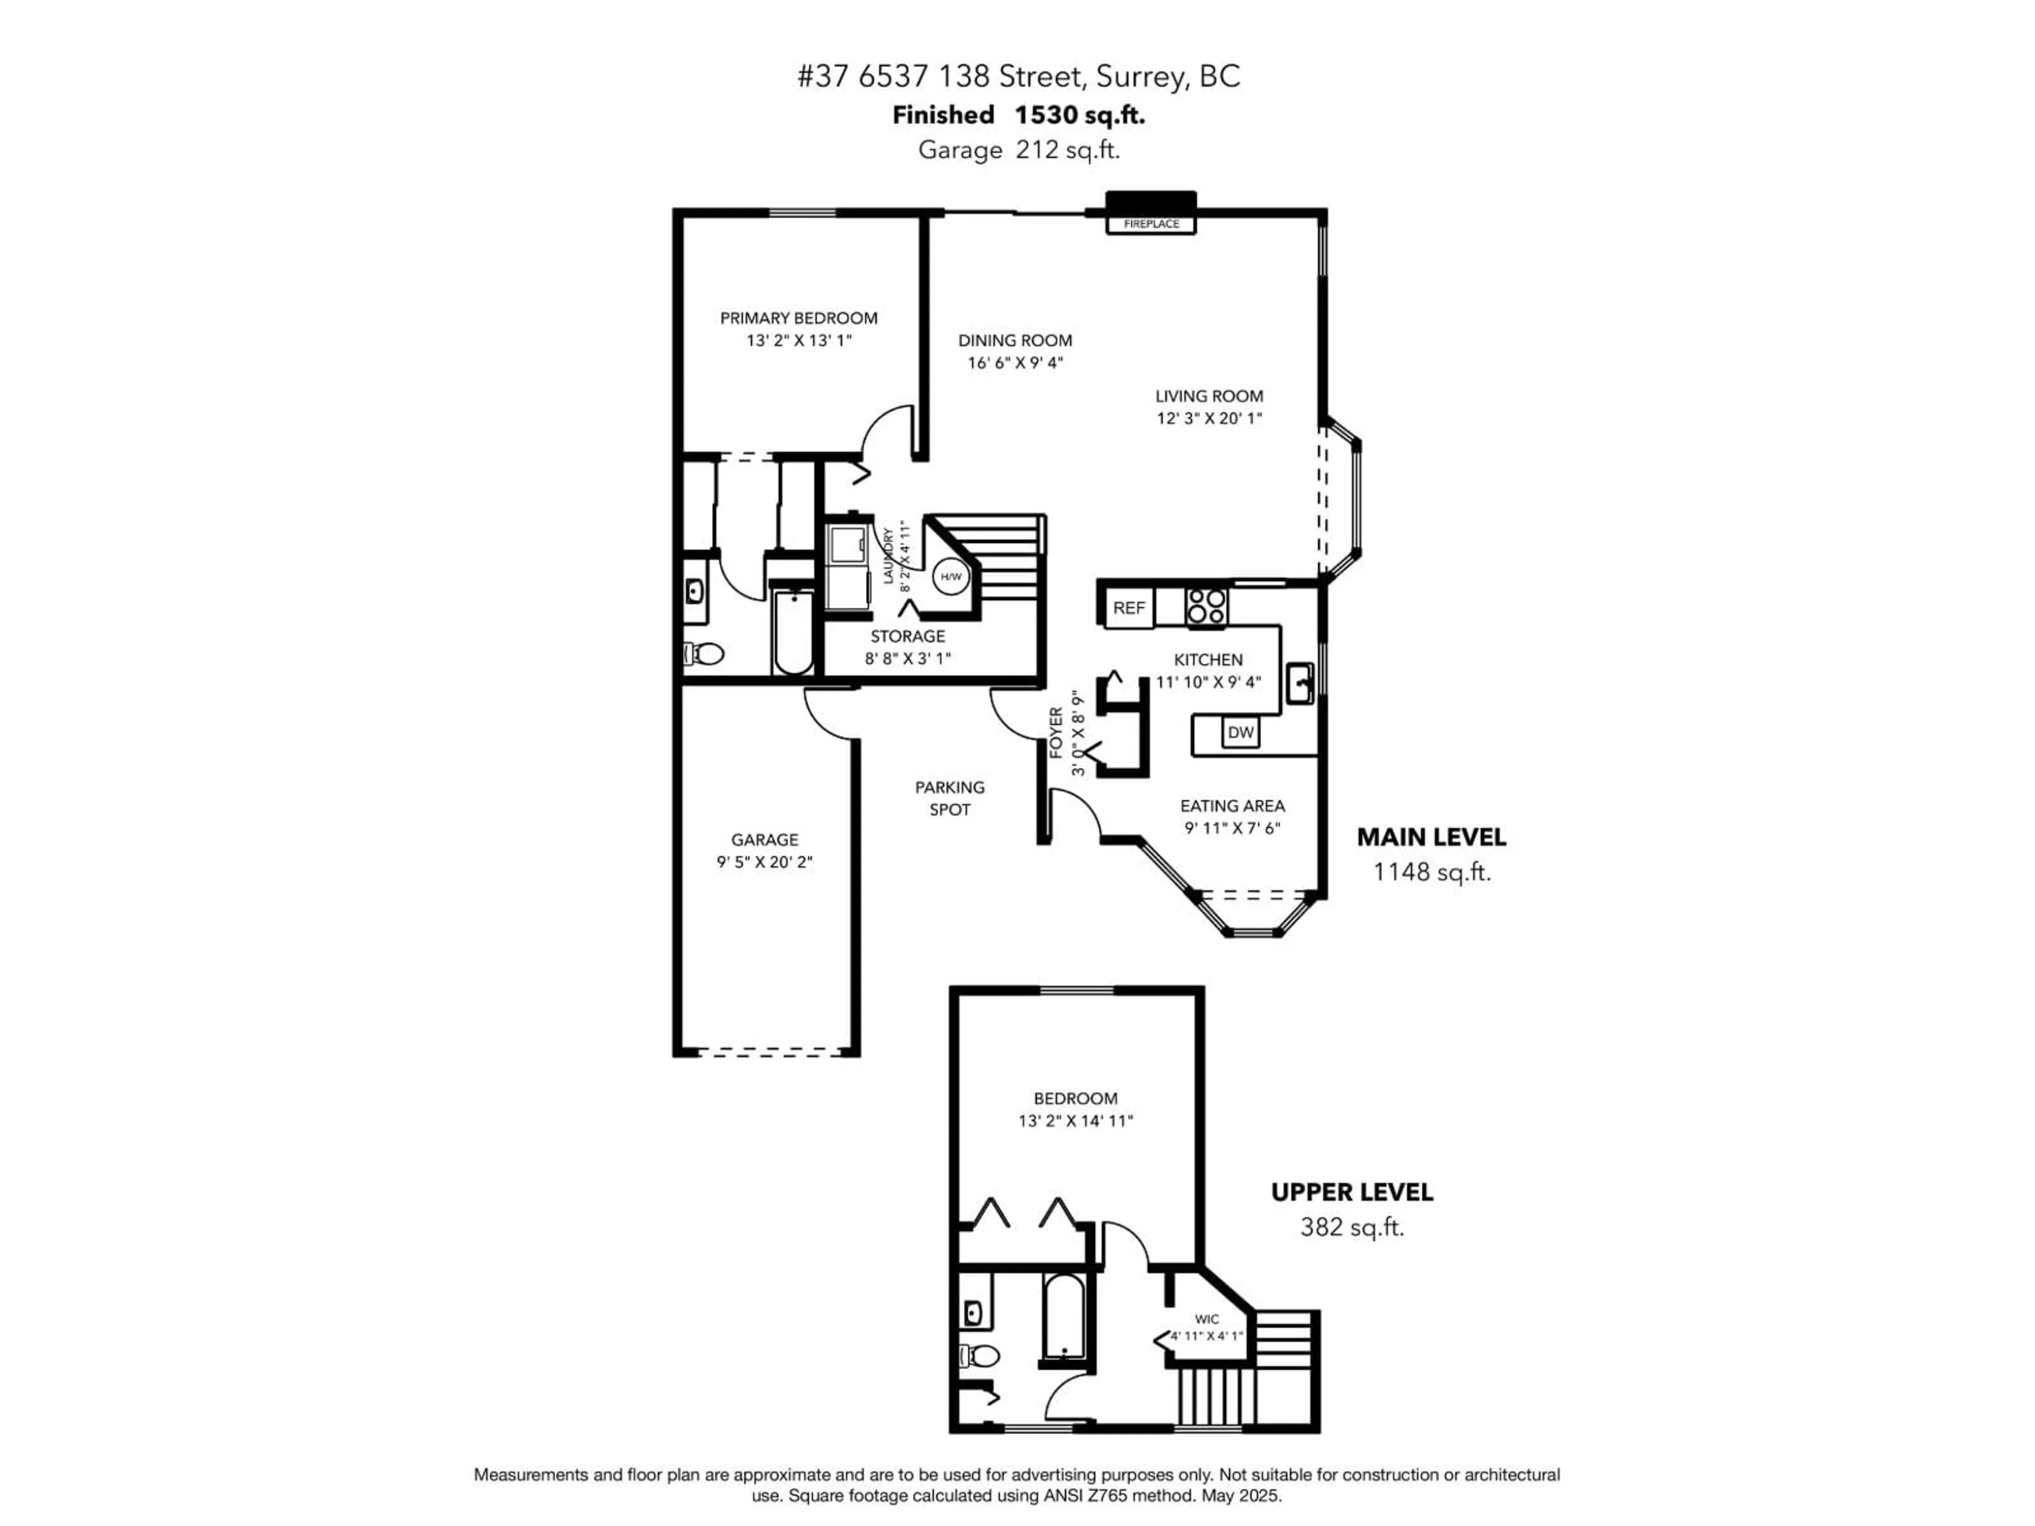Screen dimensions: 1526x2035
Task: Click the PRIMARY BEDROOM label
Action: (799, 318)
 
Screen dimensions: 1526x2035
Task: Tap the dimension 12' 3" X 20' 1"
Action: (1209, 419)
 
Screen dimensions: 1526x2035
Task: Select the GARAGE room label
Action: (765, 840)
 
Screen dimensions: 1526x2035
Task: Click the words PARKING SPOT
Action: (950, 799)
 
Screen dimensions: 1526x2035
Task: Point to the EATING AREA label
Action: (1232, 806)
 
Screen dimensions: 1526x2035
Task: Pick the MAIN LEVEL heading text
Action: (1430, 837)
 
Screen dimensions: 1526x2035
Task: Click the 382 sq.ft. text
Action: (1351, 1227)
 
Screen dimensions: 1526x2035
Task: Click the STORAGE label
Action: (907, 636)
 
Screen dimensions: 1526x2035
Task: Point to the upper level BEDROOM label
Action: (1075, 1098)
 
